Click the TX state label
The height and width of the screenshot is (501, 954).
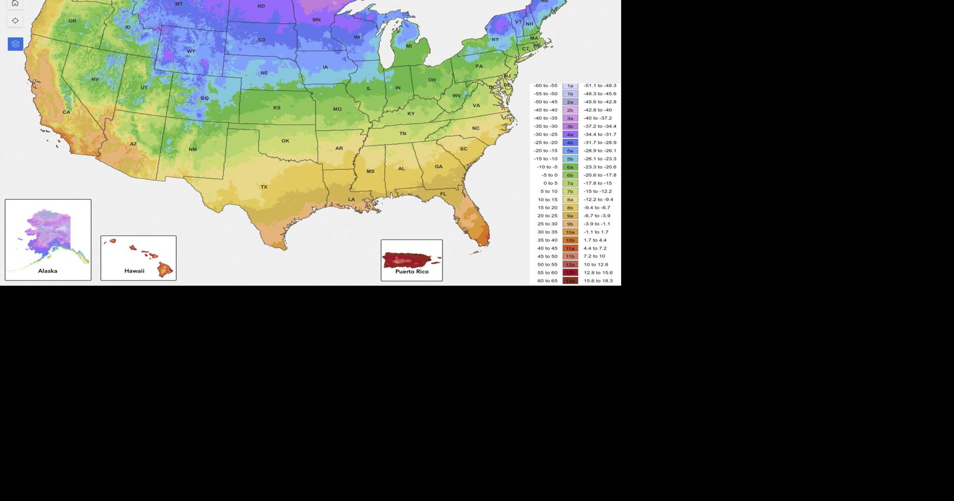264,187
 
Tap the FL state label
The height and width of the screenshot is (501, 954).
443,194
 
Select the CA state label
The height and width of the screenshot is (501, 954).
66,112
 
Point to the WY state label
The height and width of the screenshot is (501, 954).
191,51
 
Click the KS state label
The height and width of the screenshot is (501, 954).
277,108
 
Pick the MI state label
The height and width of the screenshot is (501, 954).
409,46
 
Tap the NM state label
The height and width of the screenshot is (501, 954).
193,150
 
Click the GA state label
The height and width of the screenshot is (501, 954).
438,167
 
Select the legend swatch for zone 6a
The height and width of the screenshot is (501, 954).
570,167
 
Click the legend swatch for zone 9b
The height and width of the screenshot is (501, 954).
570,224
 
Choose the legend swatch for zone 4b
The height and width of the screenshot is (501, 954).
570,143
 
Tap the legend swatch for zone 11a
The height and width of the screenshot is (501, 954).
570,248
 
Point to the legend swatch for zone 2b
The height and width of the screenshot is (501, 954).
570,110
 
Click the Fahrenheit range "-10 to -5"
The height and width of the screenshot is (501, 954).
547,167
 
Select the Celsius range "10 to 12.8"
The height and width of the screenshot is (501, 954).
596,264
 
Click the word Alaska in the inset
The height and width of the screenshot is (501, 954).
48,271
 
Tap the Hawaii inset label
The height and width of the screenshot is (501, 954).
134,271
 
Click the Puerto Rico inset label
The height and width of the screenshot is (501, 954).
412,271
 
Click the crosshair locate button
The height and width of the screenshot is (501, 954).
15,21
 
